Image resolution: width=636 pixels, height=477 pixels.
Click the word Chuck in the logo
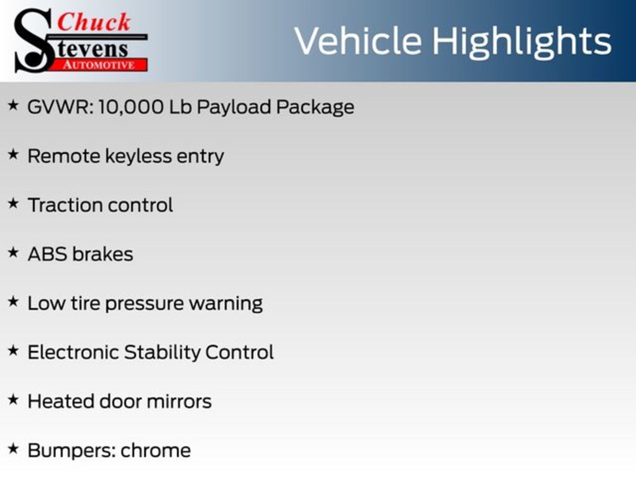pos(94,22)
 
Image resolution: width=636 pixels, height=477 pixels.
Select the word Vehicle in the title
pos(357,41)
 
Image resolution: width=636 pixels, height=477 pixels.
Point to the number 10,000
pos(131,107)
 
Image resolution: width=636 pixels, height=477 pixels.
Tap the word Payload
pos(234,107)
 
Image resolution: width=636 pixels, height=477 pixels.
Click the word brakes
pos(102,254)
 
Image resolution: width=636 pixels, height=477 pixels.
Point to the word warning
pos(225,304)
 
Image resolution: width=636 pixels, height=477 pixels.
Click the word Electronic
pos(73,352)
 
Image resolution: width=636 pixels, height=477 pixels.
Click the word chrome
pos(156,450)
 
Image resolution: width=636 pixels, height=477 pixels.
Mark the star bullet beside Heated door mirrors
pos(13,401)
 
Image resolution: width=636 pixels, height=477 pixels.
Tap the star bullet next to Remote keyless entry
pos(13,155)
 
